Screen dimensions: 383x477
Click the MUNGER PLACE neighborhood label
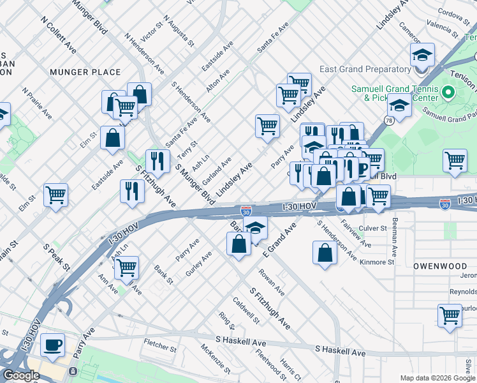click(85, 72)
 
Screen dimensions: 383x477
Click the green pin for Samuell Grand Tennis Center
click(448, 93)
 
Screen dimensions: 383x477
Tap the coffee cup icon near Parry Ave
click(52, 345)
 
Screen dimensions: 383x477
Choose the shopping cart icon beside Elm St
click(56, 194)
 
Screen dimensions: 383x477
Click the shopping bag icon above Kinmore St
click(325, 252)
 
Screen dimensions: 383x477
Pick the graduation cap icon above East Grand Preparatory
click(422, 55)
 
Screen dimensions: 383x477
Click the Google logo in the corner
click(21, 375)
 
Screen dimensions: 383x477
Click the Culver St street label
click(373, 227)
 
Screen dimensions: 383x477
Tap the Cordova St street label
click(453, 11)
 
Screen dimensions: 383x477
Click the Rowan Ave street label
click(272, 282)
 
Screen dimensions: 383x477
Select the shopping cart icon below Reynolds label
click(450, 315)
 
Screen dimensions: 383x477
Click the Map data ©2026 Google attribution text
click(437, 378)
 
